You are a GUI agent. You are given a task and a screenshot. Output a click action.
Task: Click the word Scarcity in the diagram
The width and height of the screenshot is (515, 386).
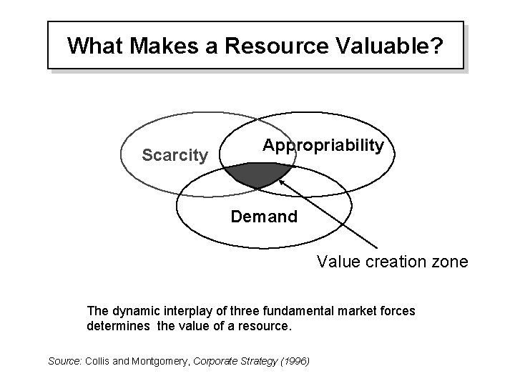[175, 154]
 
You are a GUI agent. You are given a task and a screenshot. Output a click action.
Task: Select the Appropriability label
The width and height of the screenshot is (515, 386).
[323, 145]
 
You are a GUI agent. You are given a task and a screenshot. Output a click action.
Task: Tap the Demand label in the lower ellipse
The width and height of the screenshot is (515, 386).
[264, 215]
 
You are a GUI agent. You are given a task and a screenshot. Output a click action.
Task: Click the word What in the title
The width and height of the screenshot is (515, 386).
[95, 46]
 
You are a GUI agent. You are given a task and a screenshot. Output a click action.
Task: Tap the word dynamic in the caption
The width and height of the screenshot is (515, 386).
[129, 311]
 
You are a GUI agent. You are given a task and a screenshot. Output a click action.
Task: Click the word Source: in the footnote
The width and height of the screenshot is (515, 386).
[65, 361]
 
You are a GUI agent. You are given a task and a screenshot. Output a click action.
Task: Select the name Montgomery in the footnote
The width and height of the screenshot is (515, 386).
[152, 361]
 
